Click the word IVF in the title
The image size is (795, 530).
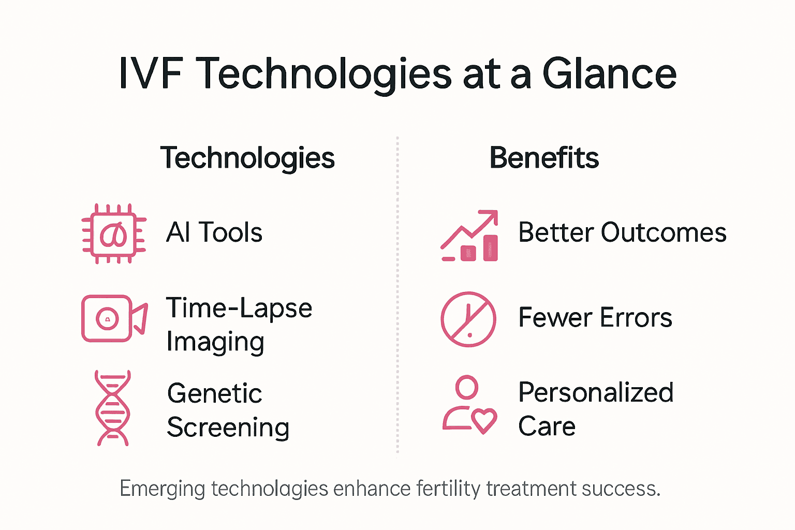151,73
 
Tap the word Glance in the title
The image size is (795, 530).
609,73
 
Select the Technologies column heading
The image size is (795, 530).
247,158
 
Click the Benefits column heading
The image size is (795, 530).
544,158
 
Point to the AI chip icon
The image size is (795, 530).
114,234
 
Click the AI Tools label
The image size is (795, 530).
214,232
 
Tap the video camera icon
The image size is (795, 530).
114,318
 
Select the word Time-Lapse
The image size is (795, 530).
239,308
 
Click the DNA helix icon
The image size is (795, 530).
113,408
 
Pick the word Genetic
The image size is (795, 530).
214,393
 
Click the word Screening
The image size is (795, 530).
228,428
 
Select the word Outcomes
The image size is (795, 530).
664,232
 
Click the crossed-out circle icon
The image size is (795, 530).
468,319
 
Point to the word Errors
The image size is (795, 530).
636,317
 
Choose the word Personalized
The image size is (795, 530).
596,392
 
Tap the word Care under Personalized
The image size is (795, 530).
547,426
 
